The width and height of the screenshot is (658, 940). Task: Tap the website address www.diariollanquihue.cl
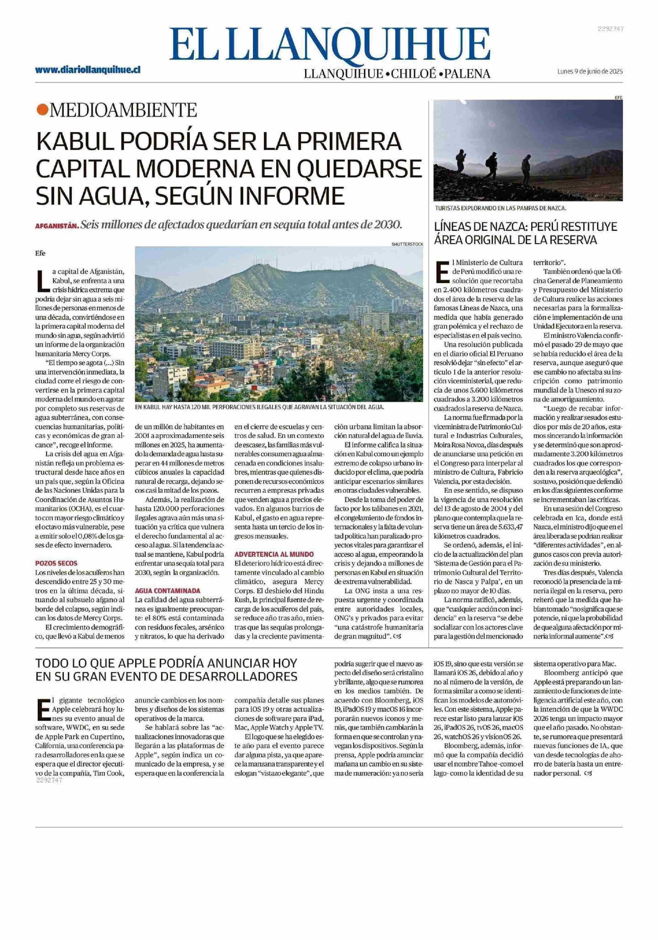click(x=88, y=70)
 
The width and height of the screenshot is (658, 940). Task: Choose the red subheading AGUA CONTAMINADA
click(x=168, y=591)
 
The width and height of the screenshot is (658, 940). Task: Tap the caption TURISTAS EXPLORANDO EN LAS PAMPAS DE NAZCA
click(x=500, y=208)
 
